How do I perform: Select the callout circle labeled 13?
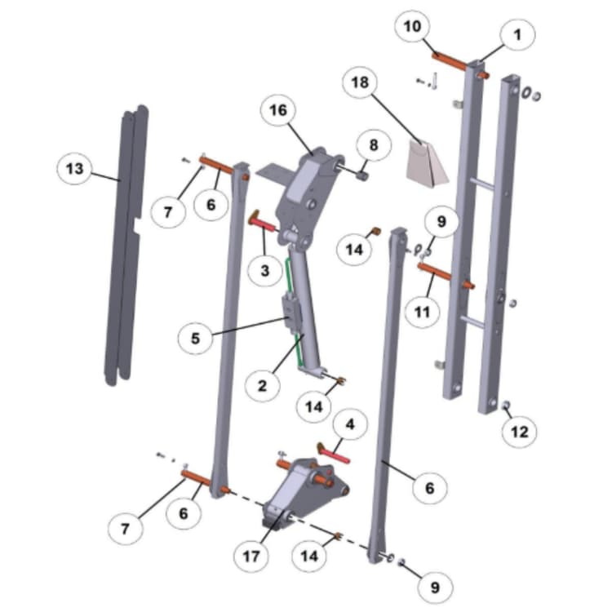click(x=74, y=170)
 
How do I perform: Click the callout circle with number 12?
click(x=520, y=432)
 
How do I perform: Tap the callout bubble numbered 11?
click(x=423, y=311)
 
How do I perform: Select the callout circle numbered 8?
click(x=374, y=145)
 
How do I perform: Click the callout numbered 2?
click(x=263, y=385)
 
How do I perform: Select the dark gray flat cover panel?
click(x=126, y=245)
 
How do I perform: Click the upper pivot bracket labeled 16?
click(x=308, y=188)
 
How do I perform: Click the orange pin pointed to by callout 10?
click(x=449, y=62)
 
